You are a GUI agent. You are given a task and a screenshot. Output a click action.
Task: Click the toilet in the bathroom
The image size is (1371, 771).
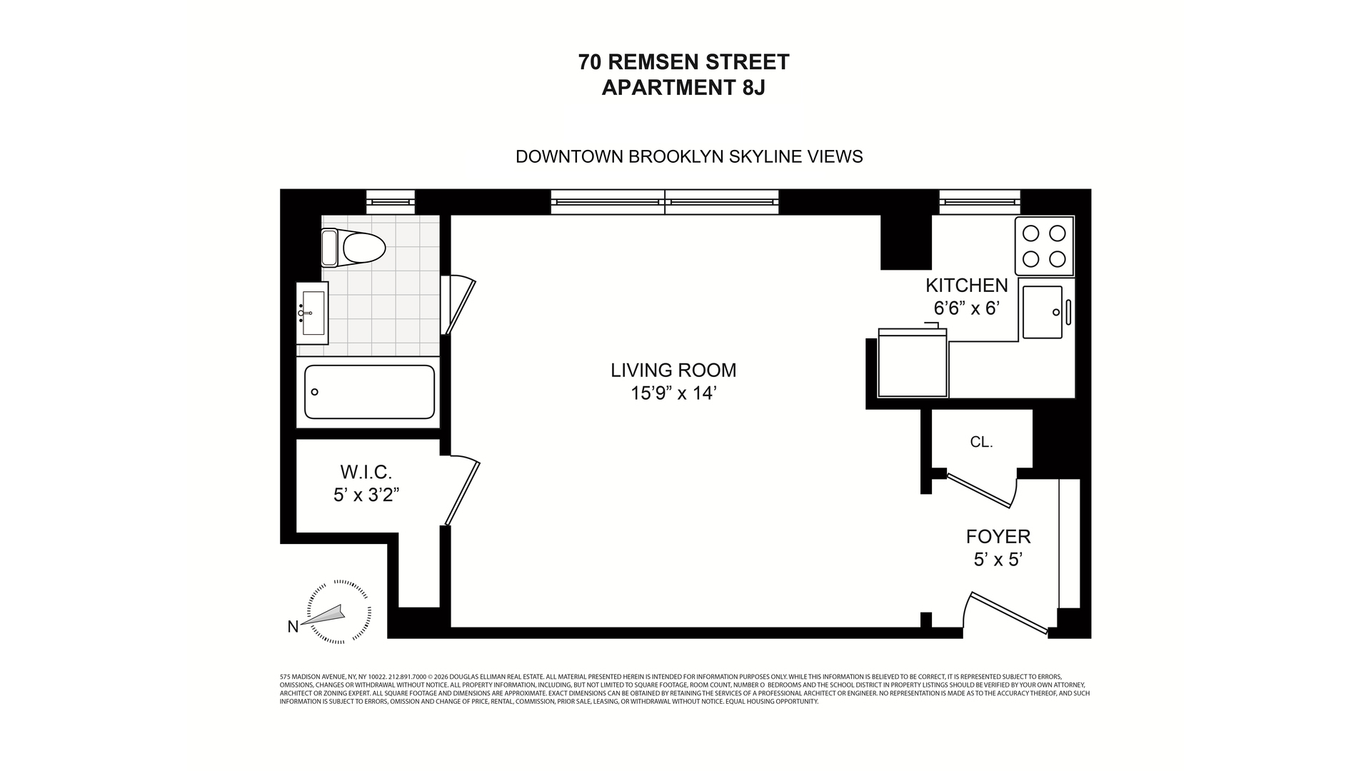pyautogui.click(x=355, y=248)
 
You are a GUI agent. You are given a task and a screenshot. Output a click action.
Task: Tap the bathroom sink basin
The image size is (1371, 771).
pyautogui.click(x=313, y=313)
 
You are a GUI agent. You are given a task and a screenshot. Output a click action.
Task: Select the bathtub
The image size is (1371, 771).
pyautogui.click(x=369, y=392)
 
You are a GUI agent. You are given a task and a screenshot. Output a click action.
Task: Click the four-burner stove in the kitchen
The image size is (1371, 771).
pyautogui.click(x=1044, y=246)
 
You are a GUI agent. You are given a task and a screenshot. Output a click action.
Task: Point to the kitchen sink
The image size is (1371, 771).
pyautogui.click(x=1043, y=312)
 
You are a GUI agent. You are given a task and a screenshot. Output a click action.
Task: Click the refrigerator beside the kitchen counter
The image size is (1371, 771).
pyautogui.click(x=912, y=364)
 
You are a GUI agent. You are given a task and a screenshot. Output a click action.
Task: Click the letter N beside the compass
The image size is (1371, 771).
pyautogui.click(x=293, y=627)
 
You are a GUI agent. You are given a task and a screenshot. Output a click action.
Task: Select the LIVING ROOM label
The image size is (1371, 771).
pyautogui.click(x=673, y=370)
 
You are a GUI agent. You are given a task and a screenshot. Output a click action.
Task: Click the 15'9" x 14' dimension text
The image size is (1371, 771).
pyautogui.click(x=673, y=393)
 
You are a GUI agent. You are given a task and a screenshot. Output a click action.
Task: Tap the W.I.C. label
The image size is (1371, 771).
pyautogui.click(x=366, y=472)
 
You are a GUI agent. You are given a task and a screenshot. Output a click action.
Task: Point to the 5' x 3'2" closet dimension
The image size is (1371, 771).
pyautogui.click(x=366, y=495)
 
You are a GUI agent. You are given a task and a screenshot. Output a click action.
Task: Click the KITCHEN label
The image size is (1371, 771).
pyautogui.click(x=966, y=286)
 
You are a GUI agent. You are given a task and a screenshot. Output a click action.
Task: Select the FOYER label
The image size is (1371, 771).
pyautogui.click(x=998, y=536)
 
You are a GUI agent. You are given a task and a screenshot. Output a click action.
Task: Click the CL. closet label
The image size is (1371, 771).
pyautogui.click(x=981, y=442)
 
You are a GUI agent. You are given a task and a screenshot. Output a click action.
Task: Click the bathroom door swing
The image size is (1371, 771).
pyautogui.click(x=458, y=306)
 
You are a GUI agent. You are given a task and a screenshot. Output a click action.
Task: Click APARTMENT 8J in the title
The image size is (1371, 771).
pyautogui.click(x=683, y=88)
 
